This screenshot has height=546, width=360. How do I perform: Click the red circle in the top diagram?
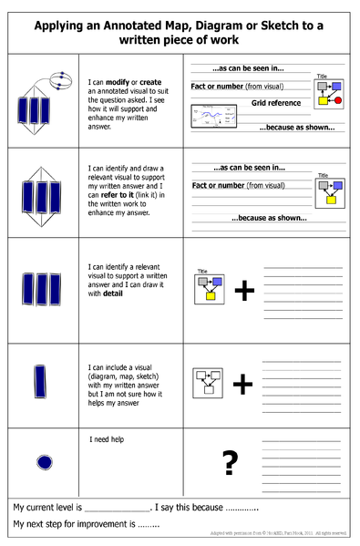point(338,99)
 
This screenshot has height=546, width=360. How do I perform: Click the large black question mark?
point(230,463)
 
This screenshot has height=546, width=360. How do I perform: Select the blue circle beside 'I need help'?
point(44,463)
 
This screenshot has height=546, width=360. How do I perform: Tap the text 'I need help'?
point(107,439)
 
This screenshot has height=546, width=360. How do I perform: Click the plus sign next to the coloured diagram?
point(243,291)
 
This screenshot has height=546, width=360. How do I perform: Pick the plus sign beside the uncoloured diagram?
point(242,385)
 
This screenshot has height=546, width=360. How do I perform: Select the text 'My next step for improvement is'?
point(73,525)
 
